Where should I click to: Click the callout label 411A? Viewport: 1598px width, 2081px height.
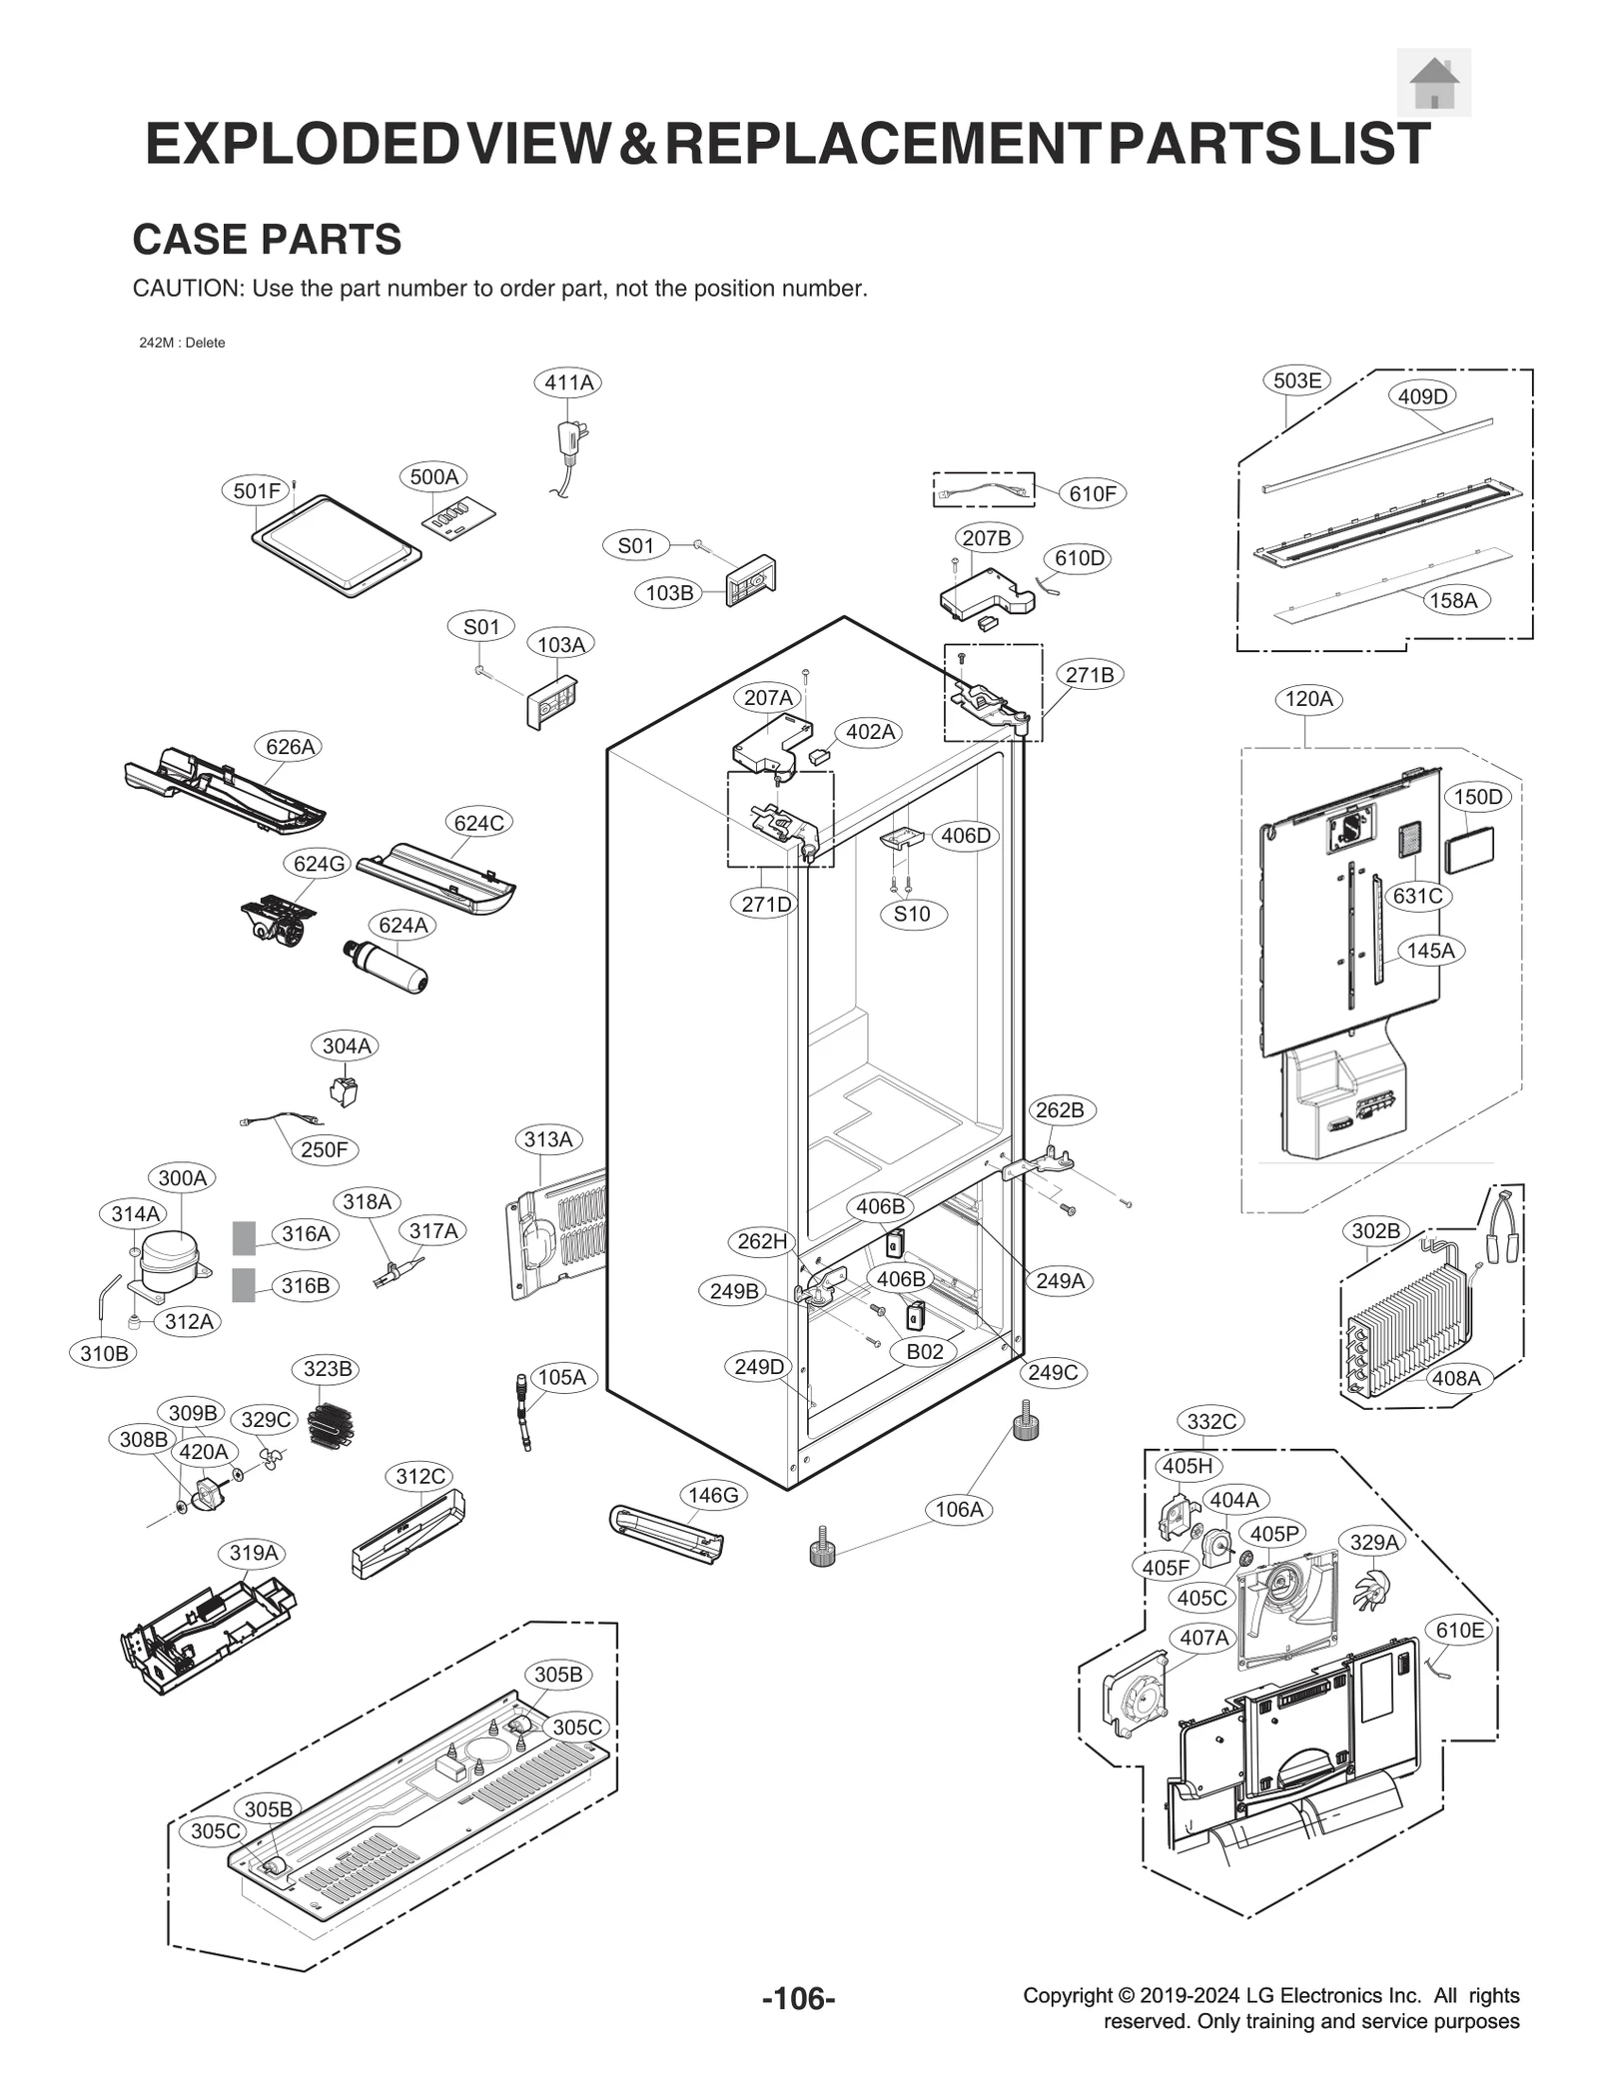click(x=568, y=382)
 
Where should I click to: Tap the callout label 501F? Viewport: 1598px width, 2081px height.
click(x=257, y=490)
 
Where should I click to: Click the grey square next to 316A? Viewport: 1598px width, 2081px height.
click(x=244, y=1237)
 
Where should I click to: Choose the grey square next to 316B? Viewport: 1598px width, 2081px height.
click(x=244, y=1285)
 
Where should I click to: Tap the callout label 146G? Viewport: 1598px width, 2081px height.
click(x=713, y=1495)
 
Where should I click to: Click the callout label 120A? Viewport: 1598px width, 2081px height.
click(x=1308, y=699)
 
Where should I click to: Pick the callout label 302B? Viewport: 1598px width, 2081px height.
click(x=1375, y=1231)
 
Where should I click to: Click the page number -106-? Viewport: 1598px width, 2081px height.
click(x=798, y=1998)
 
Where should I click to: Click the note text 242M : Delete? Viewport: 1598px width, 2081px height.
click(x=182, y=343)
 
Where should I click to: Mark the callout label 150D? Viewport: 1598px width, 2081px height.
click(x=1477, y=797)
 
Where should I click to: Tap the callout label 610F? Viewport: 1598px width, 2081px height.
click(x=1092, y=493)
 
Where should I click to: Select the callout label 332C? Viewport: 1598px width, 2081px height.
click(x=1211, y=1421)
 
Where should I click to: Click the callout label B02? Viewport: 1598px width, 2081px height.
click(x=924, y=1351)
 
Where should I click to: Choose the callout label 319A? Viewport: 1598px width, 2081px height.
click(x=253, y=1553)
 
